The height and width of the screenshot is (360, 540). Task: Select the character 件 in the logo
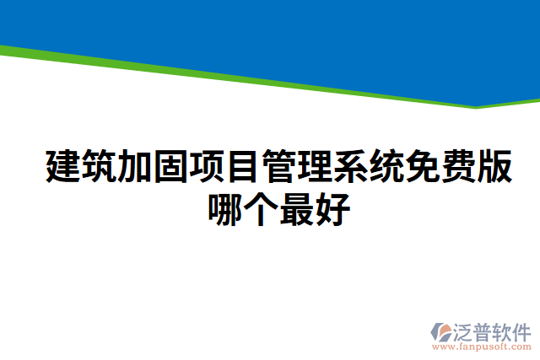pyautogui.click(x=521, y=330)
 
